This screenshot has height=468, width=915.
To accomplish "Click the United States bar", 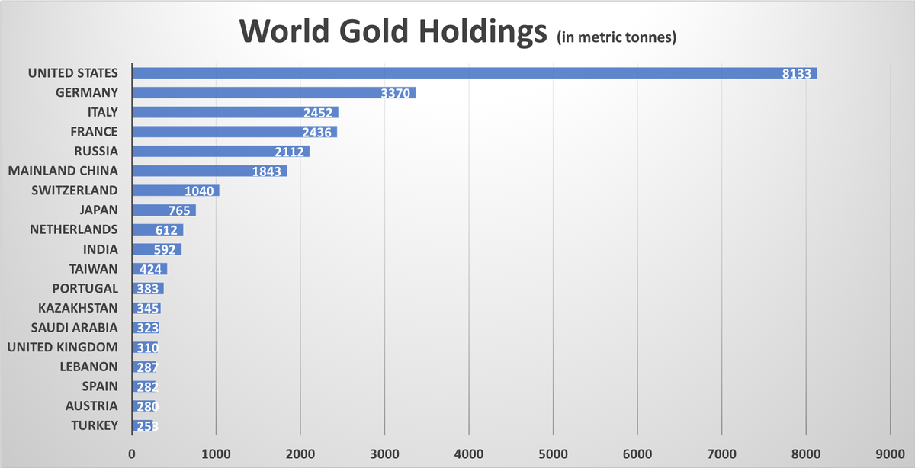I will (x=457, y=73).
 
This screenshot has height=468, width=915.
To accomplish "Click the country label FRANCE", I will (x=95, y=132).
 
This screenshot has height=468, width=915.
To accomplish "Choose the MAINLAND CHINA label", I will (x=63, y=171).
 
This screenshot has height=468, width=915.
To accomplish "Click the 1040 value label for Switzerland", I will (x=201, y=191).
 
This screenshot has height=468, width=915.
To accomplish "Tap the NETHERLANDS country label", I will (x=74, y=229).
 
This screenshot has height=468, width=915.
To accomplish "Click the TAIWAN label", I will (x=94, y=268).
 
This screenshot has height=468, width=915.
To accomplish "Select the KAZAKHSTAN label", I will (x=79, y=308).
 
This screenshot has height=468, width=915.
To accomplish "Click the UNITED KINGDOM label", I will (x=63, y=348).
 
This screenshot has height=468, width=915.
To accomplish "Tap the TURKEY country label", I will (x=95, y=425).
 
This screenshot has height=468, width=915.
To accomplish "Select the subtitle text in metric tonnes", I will (x=616, y=37).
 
